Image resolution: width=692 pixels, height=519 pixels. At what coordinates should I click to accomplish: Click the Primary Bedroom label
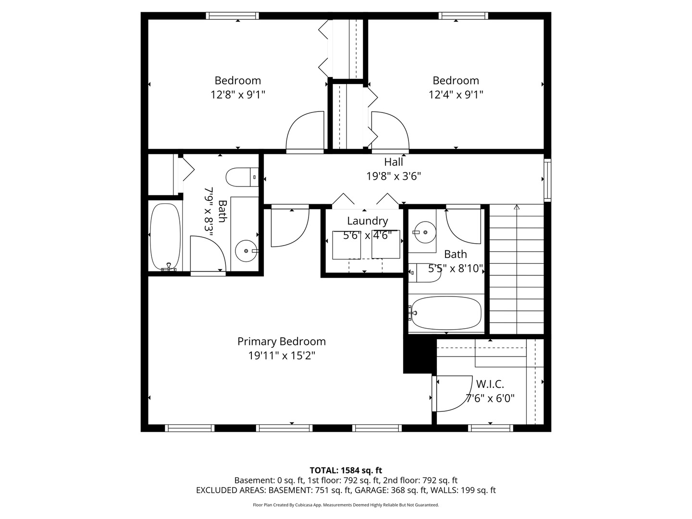(x=281, y=341)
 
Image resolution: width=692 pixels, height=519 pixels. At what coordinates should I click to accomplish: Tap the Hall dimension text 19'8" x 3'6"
(x=394, y=176)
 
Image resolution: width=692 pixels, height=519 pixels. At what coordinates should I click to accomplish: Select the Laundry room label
(x=367, y=221)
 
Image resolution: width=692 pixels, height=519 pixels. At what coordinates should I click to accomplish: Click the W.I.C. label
(x=490, y=384)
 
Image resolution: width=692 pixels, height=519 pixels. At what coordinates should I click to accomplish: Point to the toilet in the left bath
(x=242, y=177)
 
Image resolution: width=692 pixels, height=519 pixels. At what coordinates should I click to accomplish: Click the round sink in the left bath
(x=246, y=251)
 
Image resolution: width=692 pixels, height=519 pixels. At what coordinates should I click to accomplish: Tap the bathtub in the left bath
(x=165, y=237)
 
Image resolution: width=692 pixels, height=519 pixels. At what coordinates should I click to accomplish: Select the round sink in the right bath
(x=425, y=232)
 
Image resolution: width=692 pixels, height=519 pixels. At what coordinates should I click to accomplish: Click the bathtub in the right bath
(x=446, y=313)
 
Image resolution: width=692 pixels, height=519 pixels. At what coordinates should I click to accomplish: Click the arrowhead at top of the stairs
(x=517, y=207)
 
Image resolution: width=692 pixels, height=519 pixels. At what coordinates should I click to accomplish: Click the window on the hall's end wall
(x=548, y=180)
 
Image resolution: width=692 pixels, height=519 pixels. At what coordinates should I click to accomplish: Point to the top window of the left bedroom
(x=232, y=16)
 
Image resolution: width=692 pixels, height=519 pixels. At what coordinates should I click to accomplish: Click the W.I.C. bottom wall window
(x=491, y=428)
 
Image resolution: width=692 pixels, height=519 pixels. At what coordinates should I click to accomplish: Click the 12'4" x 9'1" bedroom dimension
(x=456, y=95)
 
